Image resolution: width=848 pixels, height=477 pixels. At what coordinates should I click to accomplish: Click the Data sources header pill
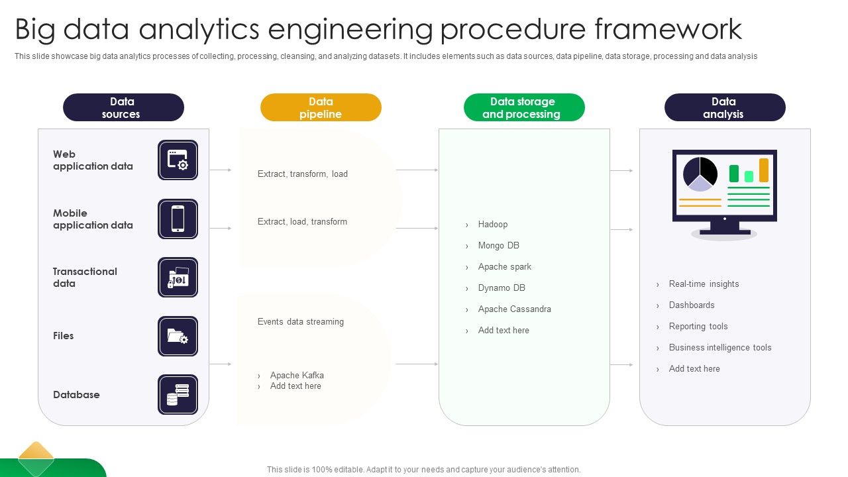[x=123, y=107]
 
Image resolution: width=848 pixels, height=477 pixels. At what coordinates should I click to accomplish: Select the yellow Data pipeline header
[x=321, y=107]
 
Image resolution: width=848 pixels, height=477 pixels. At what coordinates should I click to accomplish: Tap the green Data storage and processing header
[x=524, y=107]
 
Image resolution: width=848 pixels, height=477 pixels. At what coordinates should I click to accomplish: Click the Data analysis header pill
[x=725, y=107]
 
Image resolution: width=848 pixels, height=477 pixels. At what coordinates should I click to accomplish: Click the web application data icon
[x=178, y=160]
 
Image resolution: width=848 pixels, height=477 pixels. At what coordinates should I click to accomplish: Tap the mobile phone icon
[x=178, y=219]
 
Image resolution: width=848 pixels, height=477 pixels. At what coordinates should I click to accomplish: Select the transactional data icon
[x=178, y=277]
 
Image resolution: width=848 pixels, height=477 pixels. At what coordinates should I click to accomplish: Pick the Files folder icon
[x=178, y=336]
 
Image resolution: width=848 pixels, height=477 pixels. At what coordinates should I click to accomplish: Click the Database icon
[x=178, y=394]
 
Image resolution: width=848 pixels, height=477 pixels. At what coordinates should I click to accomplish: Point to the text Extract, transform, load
[x=302, y=174]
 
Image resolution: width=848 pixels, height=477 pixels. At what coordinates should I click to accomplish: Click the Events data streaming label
[x=300, y=322]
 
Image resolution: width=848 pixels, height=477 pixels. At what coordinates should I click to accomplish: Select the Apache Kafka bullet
[x=297, y=375]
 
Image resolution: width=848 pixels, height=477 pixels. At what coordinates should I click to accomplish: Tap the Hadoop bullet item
[x=492, y=225]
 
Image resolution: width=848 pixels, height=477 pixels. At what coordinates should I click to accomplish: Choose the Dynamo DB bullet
[x=501, y=288]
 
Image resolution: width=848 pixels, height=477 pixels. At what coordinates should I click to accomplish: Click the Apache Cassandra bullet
[x=514, y=309]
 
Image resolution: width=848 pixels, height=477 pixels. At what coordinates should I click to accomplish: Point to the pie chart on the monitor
[x=700, y=172]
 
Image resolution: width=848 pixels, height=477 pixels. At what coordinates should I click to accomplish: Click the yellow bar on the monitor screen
[x=764, y=170]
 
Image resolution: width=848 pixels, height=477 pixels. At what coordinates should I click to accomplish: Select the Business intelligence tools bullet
[x=719, y=348]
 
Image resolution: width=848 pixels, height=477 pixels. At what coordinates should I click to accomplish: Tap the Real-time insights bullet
[x=704, y=284]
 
